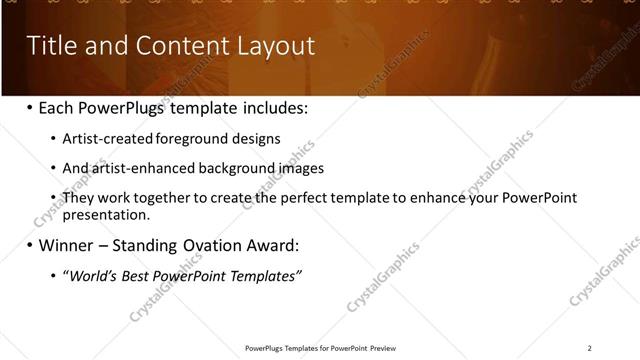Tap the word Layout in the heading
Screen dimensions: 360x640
(273, 46)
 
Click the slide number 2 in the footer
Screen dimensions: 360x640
(590, 348)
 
